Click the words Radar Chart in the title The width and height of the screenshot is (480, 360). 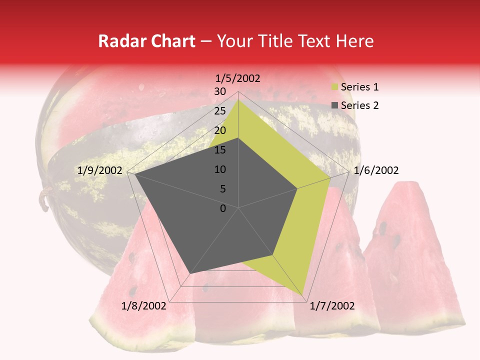click(146, 41)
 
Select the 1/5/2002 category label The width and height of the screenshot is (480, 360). click(238, 78)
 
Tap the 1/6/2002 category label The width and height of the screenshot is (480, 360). click(376, 170)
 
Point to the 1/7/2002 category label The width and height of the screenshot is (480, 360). click(332, 306)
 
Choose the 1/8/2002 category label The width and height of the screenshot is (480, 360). click(144, 306)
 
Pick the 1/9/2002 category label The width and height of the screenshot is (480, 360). click(100, 170)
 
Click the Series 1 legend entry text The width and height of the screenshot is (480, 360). click(359, 87)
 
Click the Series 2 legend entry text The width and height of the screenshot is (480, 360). click(359, 105)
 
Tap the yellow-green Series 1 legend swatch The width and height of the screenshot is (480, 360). click(334, 87)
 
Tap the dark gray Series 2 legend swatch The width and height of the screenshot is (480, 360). click(334, 105)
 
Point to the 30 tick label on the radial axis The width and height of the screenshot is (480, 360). click(220, 91)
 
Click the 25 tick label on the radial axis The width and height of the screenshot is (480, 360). click(220, 111)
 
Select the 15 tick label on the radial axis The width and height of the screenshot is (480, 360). click(220, 150)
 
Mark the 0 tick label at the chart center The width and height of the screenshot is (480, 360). click(223, 208)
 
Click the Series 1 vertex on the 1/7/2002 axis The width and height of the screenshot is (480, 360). click(303, 295)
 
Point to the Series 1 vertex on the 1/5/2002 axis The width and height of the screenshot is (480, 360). click(238, 99)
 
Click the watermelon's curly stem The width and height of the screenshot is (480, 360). click(43, 198)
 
